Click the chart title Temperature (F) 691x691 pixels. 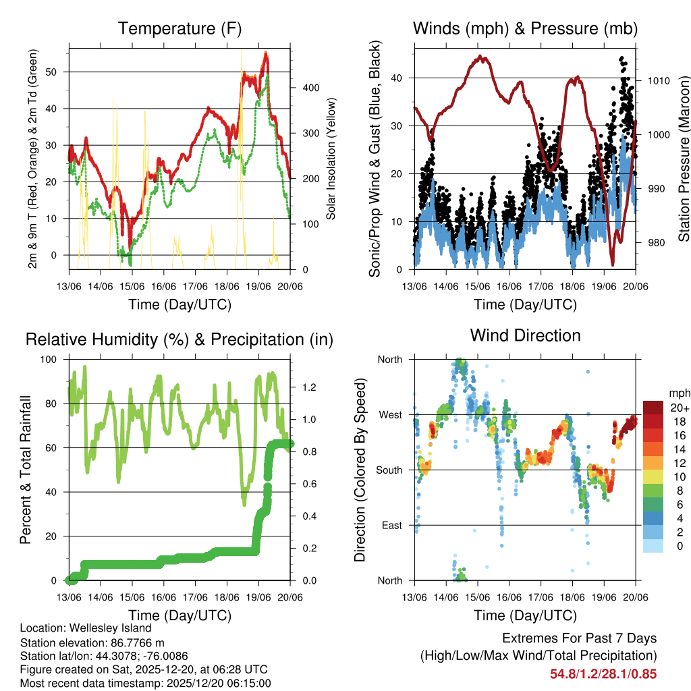(x=179, y=28)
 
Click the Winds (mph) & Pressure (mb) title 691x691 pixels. (x=525, y=28)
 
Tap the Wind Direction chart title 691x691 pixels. (x=525, y=335)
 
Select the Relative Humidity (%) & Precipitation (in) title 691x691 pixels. (x=179, y=339)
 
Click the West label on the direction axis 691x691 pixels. (x=389, y=414)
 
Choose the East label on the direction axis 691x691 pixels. (x=391, y=525)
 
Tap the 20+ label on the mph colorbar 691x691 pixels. (x=679, y=408)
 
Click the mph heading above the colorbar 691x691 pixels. (x=679, y=393)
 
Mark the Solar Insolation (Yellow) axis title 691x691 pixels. (x=331, y=157)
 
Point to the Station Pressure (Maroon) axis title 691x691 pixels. (x=684, y=157)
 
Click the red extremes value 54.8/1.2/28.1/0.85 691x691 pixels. (x=603, y=673)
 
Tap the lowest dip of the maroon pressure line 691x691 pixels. (x=613, y=264)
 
